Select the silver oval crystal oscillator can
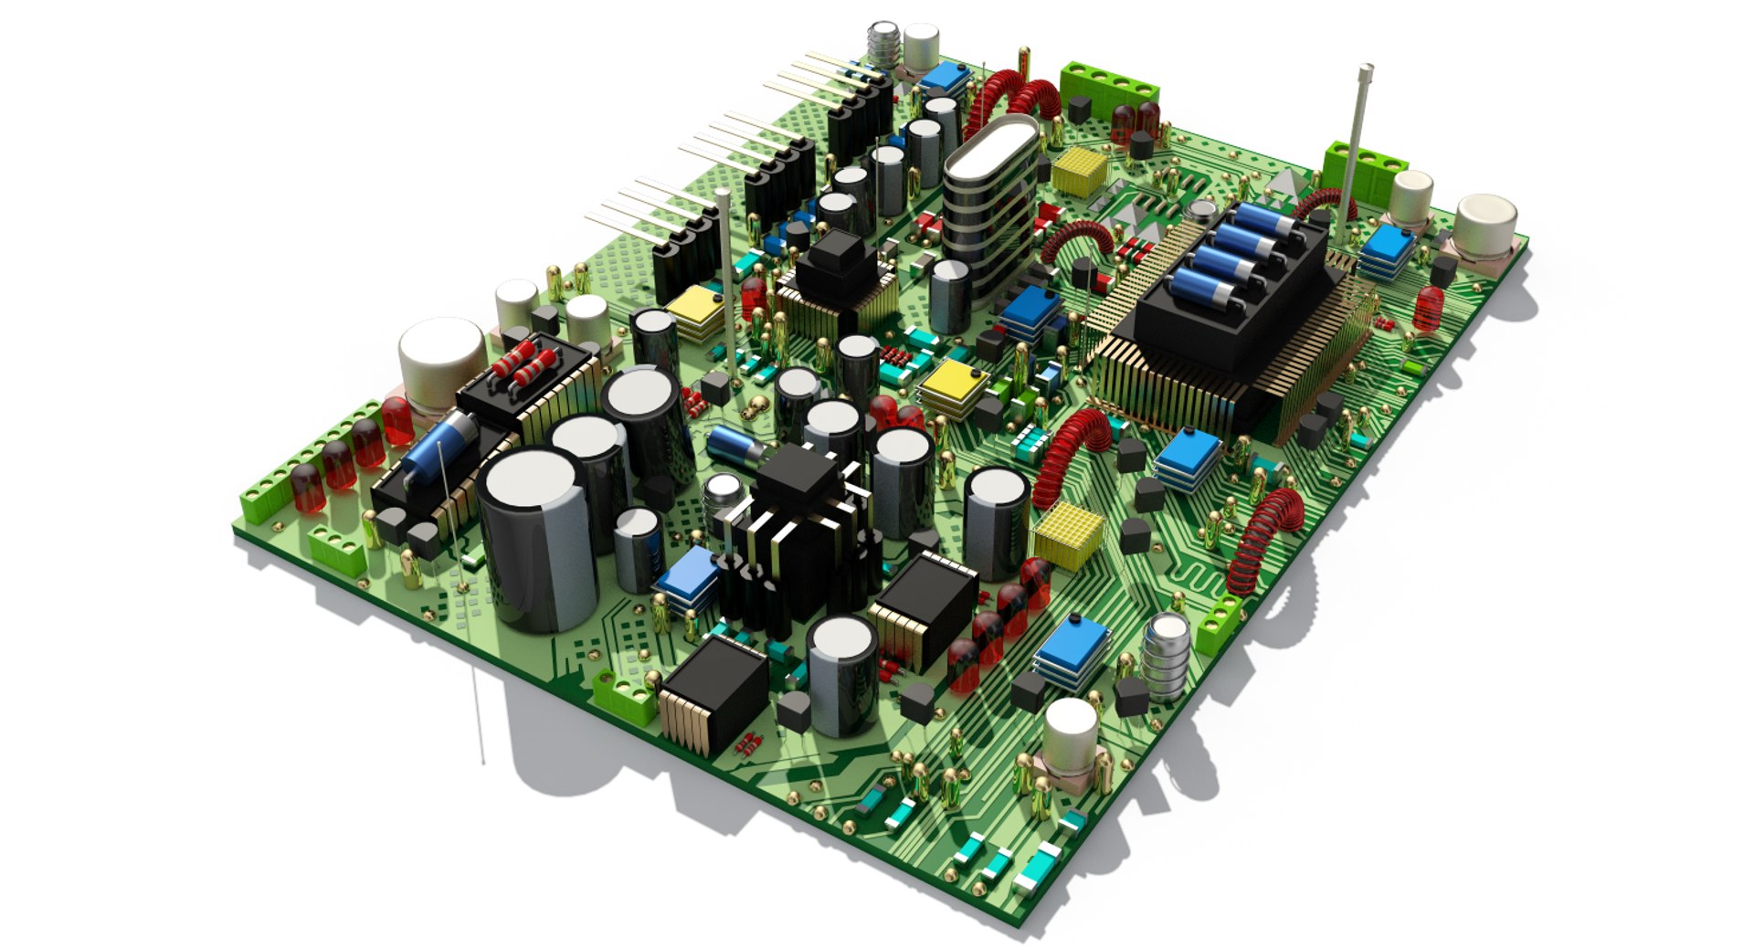(990, 154)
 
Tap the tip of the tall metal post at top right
(1366, 69)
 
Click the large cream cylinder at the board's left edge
(441, 352)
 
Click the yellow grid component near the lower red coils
(1067, 534)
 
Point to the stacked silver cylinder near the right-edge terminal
(1167, 656)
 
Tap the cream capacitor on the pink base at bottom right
(1070, 735)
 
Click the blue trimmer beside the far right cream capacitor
(1387, 245)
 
